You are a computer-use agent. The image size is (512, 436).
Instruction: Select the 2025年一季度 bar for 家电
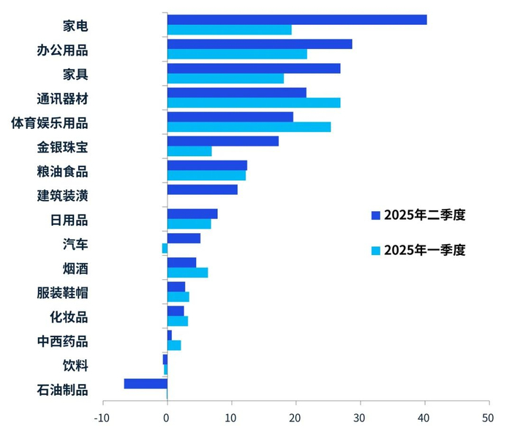tap(229, 30)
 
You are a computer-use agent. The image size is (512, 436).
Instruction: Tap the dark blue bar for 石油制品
tap(146, 383)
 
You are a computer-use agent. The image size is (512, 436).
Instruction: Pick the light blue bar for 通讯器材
tap(253, 103)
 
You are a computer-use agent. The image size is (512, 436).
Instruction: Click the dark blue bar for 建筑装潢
tap(202, 190)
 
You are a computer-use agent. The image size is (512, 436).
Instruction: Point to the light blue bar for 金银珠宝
tap(189, 151)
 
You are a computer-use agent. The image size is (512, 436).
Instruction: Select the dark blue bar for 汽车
tap(184, 238)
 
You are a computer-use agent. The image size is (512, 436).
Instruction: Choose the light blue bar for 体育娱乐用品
tap(249, 127)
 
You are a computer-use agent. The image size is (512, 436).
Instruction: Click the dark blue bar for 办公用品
tap(259, 44)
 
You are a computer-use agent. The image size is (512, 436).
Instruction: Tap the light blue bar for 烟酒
tap(187, 273)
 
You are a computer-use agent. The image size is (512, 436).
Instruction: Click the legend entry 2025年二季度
tap(418, 215)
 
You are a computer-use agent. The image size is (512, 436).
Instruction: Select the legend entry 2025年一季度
tap(418, 250)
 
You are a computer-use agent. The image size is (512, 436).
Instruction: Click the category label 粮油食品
tap(63, 171)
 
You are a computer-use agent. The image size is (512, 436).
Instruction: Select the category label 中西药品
tap(63, 341)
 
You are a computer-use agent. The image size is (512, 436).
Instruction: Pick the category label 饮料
tap(75, 366)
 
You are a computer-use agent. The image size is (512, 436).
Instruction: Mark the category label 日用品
tap(69, 220)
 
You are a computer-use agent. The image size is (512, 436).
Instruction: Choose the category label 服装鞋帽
tap(63, 293)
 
